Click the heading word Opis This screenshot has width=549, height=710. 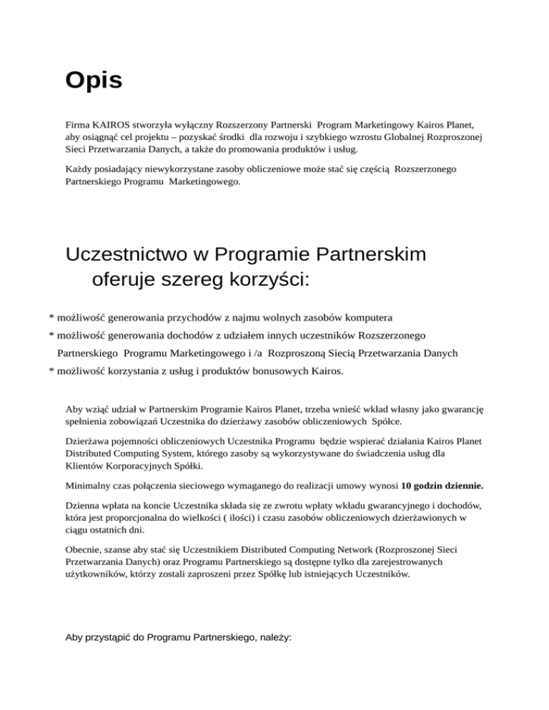tap(94, 80)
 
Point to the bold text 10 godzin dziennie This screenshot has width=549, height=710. tap(442, 486)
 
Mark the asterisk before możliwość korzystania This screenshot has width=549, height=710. tap(51, 372)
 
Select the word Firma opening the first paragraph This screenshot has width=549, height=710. tap(76, 124)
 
